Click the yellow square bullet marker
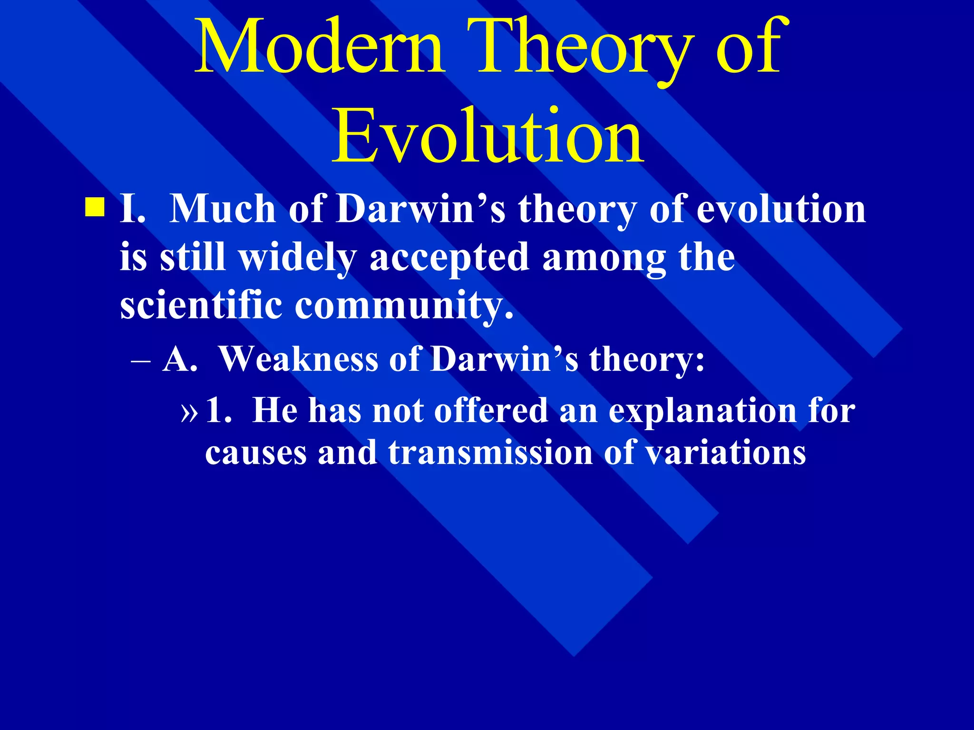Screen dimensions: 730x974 [94, 208]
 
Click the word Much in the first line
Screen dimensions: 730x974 [222, 209]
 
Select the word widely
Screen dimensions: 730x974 [297, 258]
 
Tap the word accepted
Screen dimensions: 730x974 [449, 258]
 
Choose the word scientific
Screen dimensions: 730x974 [201, 305]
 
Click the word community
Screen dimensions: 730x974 [404, 305]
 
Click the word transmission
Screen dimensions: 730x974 [490, 452]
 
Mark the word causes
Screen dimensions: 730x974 [255, 452]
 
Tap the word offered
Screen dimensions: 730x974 [491, 411]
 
